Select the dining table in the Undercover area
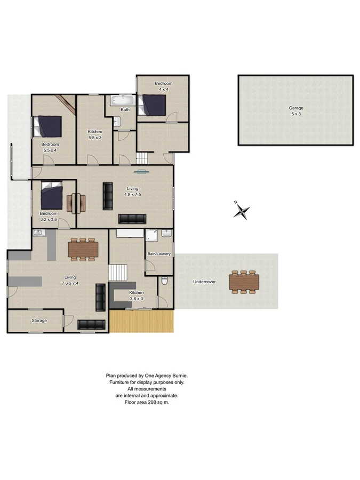pyautogui.click(x=244, y=282)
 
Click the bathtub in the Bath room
pyautogui.click(x=123, y=100)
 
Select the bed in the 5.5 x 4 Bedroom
pyautogui.click(x=49, y=127)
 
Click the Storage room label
pyautogui.click(x=39, y=321)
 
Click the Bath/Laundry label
pyautogui.click(x=159, y=254)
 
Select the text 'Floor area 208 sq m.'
pyautogui.click(x=146, y=402)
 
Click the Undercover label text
pyautogui.click(x=204, y=282)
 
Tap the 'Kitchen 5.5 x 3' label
pyautogui.click(x=95, y=134)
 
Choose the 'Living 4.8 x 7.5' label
pyautogui.click(x=132, y=191)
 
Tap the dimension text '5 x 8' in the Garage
pyautogui.click(x=296, y=114)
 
